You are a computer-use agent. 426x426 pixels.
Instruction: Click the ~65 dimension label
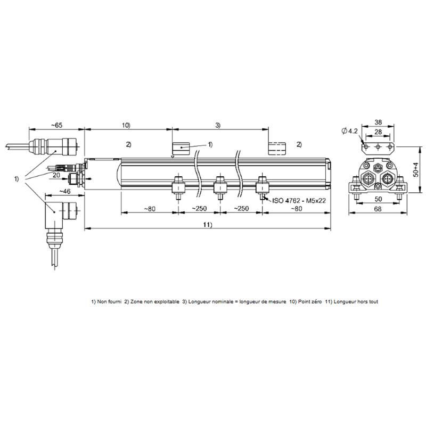pyautogui.click(x=56, y=125)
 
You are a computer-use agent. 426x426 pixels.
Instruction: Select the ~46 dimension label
pyautogui.click(x=65, y=191)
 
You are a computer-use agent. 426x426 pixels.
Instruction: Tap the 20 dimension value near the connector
pyautogui.click(x=56, y=175)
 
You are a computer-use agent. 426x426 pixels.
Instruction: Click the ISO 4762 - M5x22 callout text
pyautogui.click(x=299, y=201)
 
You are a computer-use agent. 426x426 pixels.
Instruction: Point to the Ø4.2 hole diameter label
pyautogui.click(x=350, y=131)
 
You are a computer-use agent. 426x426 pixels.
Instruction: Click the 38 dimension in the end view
pyautogui.click(x=378, y=122)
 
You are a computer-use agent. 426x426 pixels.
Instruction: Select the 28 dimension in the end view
pyautogui.click(x=378, y=132)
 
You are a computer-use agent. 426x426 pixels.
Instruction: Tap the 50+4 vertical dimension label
pyautogui.click(x=416, y=170)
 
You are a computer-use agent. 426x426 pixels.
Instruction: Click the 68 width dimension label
pyautogui.click(x=378, y=209)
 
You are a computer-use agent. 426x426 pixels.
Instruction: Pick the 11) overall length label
pyautogui.click(x=208, y=225)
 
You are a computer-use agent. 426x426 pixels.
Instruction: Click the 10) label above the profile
pyautogui.click(x=126, y=125)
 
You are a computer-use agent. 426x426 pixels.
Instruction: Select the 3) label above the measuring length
pyautogui.click(x=218, y=125)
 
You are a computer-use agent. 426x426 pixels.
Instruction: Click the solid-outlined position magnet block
pyautogui.click(x=181, y=149)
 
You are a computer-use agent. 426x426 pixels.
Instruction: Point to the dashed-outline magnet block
pyautogui.click(x=277, y=149)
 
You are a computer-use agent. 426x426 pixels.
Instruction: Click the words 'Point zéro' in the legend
pyautogui.click(x=310, y=301)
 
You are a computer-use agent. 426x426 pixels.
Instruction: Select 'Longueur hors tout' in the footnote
pyautogui.click(x=356, y=301)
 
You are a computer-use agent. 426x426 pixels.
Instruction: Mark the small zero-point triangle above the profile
pyautogui.click(x=172, y=157)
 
